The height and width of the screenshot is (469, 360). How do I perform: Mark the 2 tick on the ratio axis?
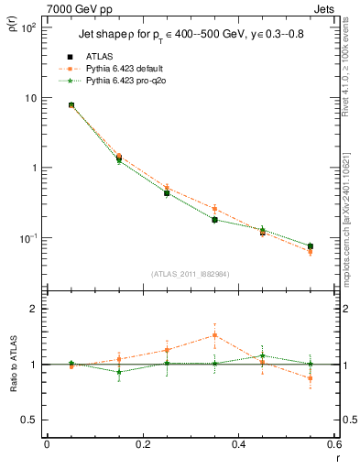click(34, 310)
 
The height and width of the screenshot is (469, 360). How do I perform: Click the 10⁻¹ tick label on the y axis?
click(27, 238)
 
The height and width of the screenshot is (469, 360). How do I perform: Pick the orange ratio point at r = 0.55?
click(310, 378)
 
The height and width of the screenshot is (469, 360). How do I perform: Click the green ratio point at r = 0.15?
click(119, 372)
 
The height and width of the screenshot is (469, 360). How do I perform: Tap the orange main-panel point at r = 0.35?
click(214, 209)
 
